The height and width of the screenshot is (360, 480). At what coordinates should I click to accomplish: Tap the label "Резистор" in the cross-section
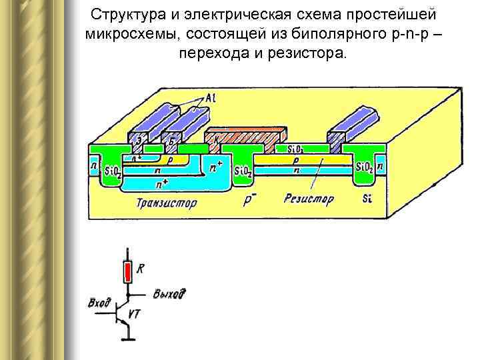tap(307, 198)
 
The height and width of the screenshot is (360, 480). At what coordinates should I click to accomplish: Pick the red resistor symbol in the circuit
tap(127, 272)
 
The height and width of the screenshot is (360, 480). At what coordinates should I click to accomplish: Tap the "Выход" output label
tap(169, 294)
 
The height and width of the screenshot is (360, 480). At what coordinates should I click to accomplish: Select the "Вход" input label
tap(99, 304)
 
